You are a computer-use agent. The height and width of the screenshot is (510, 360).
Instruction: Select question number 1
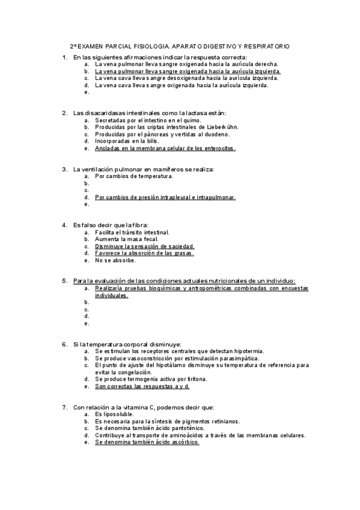[x=64, y=57]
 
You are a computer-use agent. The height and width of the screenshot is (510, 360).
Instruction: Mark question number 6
[x=64, y=344]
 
